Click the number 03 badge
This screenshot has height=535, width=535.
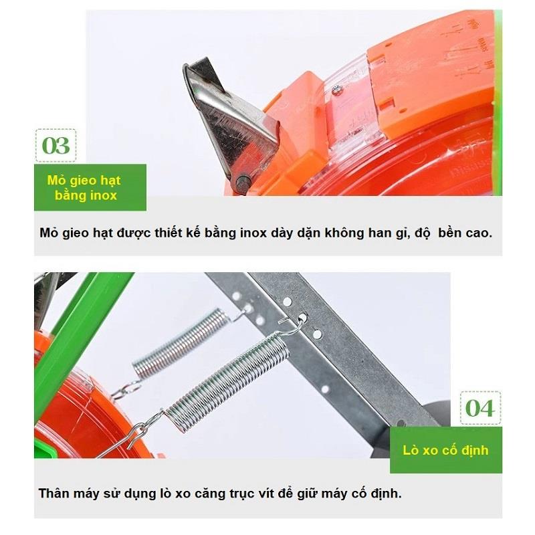(x=56, y=146)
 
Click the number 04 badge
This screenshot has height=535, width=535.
(x=480, y=408)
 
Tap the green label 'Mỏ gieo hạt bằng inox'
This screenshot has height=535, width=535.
(x=90, y=187)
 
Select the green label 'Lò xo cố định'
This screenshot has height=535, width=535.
(x=445, y=449)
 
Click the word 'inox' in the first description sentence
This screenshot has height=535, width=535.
(x=253, y=233)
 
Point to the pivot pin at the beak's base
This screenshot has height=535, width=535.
(x=243, y=183)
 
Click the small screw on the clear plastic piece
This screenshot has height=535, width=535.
(x=336, y=90)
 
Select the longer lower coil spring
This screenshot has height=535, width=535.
(x=227, y=381)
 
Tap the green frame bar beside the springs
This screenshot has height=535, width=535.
(x=82, y=338)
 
